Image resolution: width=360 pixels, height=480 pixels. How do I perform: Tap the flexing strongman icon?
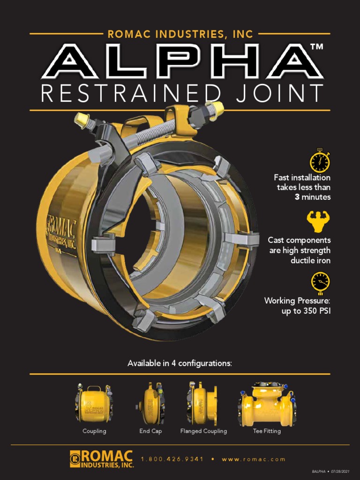click(x=318, y=221)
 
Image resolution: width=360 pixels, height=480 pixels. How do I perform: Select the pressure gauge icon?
click(x=320, y=283)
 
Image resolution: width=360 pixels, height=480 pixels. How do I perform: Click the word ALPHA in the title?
click(x=182, y=61)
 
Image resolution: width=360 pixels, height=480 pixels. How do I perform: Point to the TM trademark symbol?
click(x=316, y=46)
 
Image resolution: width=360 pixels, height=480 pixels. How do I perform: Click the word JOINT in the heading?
click(x=279, y=93)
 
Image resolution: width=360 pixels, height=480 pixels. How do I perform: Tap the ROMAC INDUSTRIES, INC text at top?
click(x=180, y=34)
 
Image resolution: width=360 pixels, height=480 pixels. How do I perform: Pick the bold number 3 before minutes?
click(x=297, y=197)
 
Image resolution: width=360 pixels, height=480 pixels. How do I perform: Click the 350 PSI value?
click(x=317, y=311)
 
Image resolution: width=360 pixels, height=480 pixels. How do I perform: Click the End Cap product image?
click(x=150, y=403)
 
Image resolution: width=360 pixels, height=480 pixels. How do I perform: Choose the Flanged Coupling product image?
click(x=202, y=403)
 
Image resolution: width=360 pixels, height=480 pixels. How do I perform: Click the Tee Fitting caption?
click(x=267, y=431)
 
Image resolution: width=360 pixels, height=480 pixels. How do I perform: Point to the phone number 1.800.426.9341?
click(x=172, y=459)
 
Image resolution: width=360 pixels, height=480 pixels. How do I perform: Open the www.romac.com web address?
click(x=254, y=459)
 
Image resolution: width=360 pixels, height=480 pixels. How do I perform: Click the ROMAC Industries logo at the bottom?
click(x=102, y=459)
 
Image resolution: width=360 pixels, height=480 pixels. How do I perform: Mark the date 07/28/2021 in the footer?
click(x=340, y=472)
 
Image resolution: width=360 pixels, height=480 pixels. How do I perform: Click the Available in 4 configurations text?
click(x=180, y=363)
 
